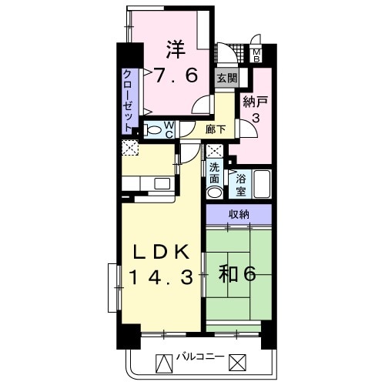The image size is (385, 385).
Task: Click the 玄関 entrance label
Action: (227, 78)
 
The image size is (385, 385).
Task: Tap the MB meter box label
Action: (256, 55)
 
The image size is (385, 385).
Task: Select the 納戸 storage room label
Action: (256, 102)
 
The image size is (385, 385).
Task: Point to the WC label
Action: (169, 129)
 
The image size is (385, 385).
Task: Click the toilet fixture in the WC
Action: (152, 129)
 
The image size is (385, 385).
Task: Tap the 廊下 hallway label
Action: (216, 129)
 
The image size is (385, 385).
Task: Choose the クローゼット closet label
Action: (129, 101)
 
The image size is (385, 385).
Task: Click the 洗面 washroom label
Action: (215, 173)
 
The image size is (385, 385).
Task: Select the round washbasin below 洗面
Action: (215, 192)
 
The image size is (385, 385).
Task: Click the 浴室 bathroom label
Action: (241, 185)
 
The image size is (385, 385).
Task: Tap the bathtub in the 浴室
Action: (262, 184)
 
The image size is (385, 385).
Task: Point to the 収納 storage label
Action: (239, 214)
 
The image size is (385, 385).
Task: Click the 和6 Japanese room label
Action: (237, 275)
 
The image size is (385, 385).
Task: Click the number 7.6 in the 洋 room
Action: (176, 75)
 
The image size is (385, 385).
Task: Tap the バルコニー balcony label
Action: (200, 357)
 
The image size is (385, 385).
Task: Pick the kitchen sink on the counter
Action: (162, 184)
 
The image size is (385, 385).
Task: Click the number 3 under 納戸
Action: (256, 118)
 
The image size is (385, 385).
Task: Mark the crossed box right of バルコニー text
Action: (238, 362)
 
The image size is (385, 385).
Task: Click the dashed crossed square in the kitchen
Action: (130, 148)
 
